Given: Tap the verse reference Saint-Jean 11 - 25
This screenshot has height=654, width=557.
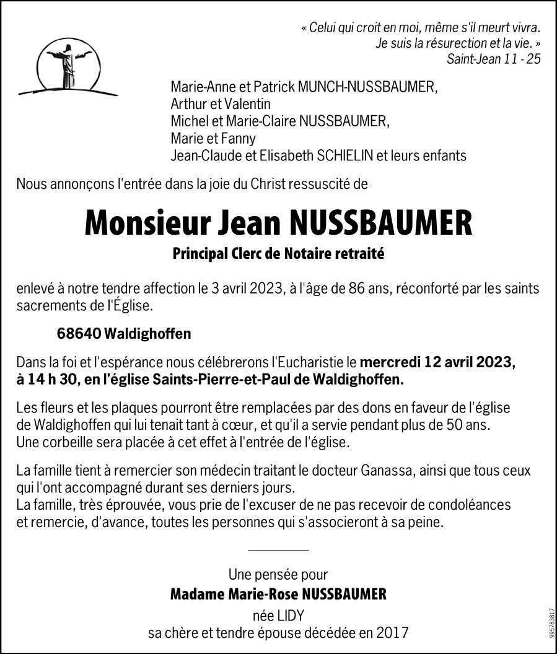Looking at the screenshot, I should [493, 59].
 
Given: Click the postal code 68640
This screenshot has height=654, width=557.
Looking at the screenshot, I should [79, 334].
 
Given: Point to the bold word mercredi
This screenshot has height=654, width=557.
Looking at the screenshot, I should [390, 362].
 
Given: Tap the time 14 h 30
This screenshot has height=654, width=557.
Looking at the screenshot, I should [54, 379].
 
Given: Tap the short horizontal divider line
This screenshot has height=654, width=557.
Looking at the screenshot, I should [278, 550].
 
